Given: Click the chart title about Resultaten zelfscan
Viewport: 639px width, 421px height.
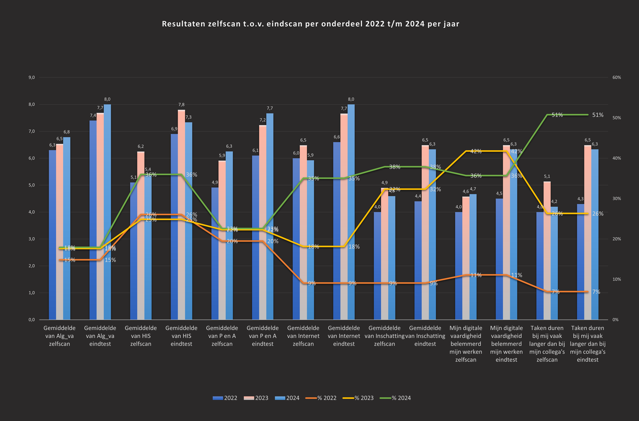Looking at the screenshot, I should pyautogui.click(x=310, y=24).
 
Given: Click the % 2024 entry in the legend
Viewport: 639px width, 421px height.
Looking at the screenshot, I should pyautogui.click(x=396, y=398).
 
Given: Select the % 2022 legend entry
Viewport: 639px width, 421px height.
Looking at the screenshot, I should pyautogui.click(x=321, y=398).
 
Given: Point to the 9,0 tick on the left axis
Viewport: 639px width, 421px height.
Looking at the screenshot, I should pyautogui.click(x=32, y=77).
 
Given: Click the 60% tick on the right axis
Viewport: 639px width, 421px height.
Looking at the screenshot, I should pyautogui.click(x=617, y=77).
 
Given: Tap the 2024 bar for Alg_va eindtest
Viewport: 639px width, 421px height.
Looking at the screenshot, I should pyautogui.click(x=107, y=212).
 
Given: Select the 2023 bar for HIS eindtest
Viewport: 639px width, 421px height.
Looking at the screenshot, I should pyautogui.click(x=182, y=215).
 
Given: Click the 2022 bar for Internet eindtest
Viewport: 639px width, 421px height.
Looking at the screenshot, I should pyautogui.click(x=337, y=231).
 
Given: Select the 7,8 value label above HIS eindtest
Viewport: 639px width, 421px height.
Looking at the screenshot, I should pyautogui.click(x=182, y=105).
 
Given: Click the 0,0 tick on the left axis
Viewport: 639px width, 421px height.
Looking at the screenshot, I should pyautogui.click(x=32, y=320).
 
